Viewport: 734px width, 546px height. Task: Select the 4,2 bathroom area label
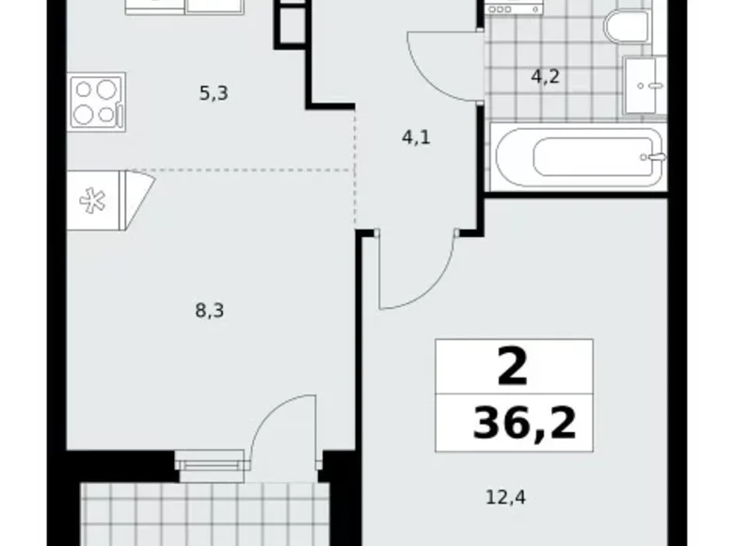point(545,77)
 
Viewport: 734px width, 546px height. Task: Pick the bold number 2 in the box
point(513,368)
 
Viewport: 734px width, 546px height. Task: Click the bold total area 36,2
point(524,425)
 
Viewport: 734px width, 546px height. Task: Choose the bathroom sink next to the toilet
point(646,85)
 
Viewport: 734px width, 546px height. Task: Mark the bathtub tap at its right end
point(648,156)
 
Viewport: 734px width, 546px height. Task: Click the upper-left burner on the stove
point(85,88)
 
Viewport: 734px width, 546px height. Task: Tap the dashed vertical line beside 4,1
point(356,169)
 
